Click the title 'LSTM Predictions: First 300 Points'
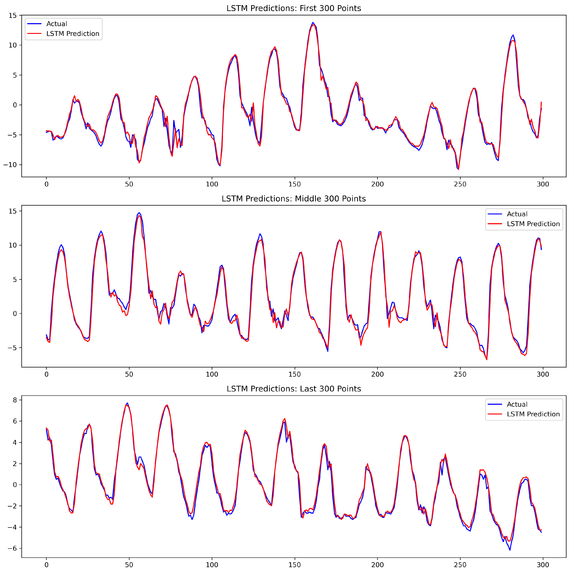point(294,8)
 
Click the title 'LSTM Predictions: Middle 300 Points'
point(294,199)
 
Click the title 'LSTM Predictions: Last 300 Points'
point(294,389)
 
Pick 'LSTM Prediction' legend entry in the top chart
point(73,34)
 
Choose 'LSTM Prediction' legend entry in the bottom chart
point(533,414)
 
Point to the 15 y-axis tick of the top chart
point(13,15)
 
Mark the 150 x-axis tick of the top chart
point(294,184)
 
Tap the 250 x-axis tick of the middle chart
point(460,374)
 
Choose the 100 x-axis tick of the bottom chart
point(212,565)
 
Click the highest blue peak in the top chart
point(313,22)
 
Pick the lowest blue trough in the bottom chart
point(510,550)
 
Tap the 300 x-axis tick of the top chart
point(543,184)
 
